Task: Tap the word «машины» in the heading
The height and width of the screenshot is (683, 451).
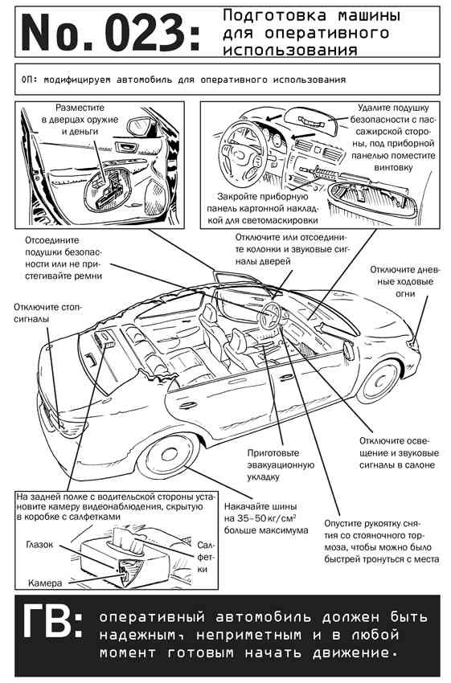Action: (369, 16)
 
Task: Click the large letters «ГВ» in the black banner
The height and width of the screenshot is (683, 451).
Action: (47, 620)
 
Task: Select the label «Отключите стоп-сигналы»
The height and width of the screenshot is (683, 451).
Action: (48, 313)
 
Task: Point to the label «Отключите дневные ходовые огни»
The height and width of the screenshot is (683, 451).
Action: (405, 281)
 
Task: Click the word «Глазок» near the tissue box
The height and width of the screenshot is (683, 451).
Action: (39, 545)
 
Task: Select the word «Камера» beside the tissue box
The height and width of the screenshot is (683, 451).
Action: (45, 583)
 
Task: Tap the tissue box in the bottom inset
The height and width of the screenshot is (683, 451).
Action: (113, 559)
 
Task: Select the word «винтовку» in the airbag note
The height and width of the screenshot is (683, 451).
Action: (393, 167)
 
